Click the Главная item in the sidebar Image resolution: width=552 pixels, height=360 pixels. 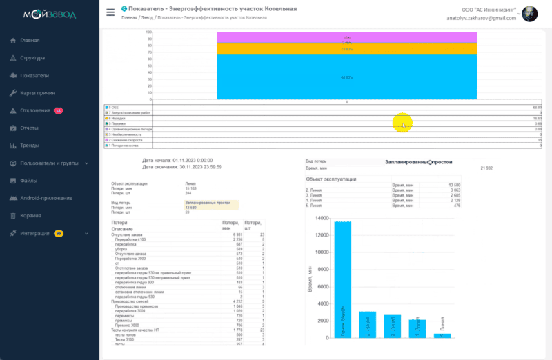(x=30, y=40)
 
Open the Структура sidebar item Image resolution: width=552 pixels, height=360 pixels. (x=32, y=58)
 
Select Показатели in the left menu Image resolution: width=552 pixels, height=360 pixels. (x=34, y=75)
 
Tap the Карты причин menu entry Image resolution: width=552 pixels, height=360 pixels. (x=37, y=92)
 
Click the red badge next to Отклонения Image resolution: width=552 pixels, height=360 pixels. (x=59, y=110)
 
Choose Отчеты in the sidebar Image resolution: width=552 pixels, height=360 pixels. (x=29, y=128)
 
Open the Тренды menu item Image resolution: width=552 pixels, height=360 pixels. (x=30, y=146)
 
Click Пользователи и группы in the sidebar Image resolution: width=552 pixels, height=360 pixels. (x=50, y=163)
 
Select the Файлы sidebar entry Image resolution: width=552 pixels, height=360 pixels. (x=28, y=181)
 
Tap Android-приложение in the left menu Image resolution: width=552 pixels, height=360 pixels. (x=46, y=198)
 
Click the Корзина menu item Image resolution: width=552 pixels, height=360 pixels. (x=30, y=216)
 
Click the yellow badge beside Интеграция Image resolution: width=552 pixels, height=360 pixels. (x=59, y=234)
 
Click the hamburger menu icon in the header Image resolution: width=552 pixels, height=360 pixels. (x=110, y=12)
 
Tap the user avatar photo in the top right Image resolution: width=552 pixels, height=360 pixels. (x=529, y=14)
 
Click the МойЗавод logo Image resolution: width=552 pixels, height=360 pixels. (x=50, y=14)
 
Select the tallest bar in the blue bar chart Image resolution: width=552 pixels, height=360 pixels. (x=342, y=279)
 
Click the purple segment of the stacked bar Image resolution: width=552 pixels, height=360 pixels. (x=346, y=37)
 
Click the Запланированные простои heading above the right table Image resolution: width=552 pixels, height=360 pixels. (x=418, y=161)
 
